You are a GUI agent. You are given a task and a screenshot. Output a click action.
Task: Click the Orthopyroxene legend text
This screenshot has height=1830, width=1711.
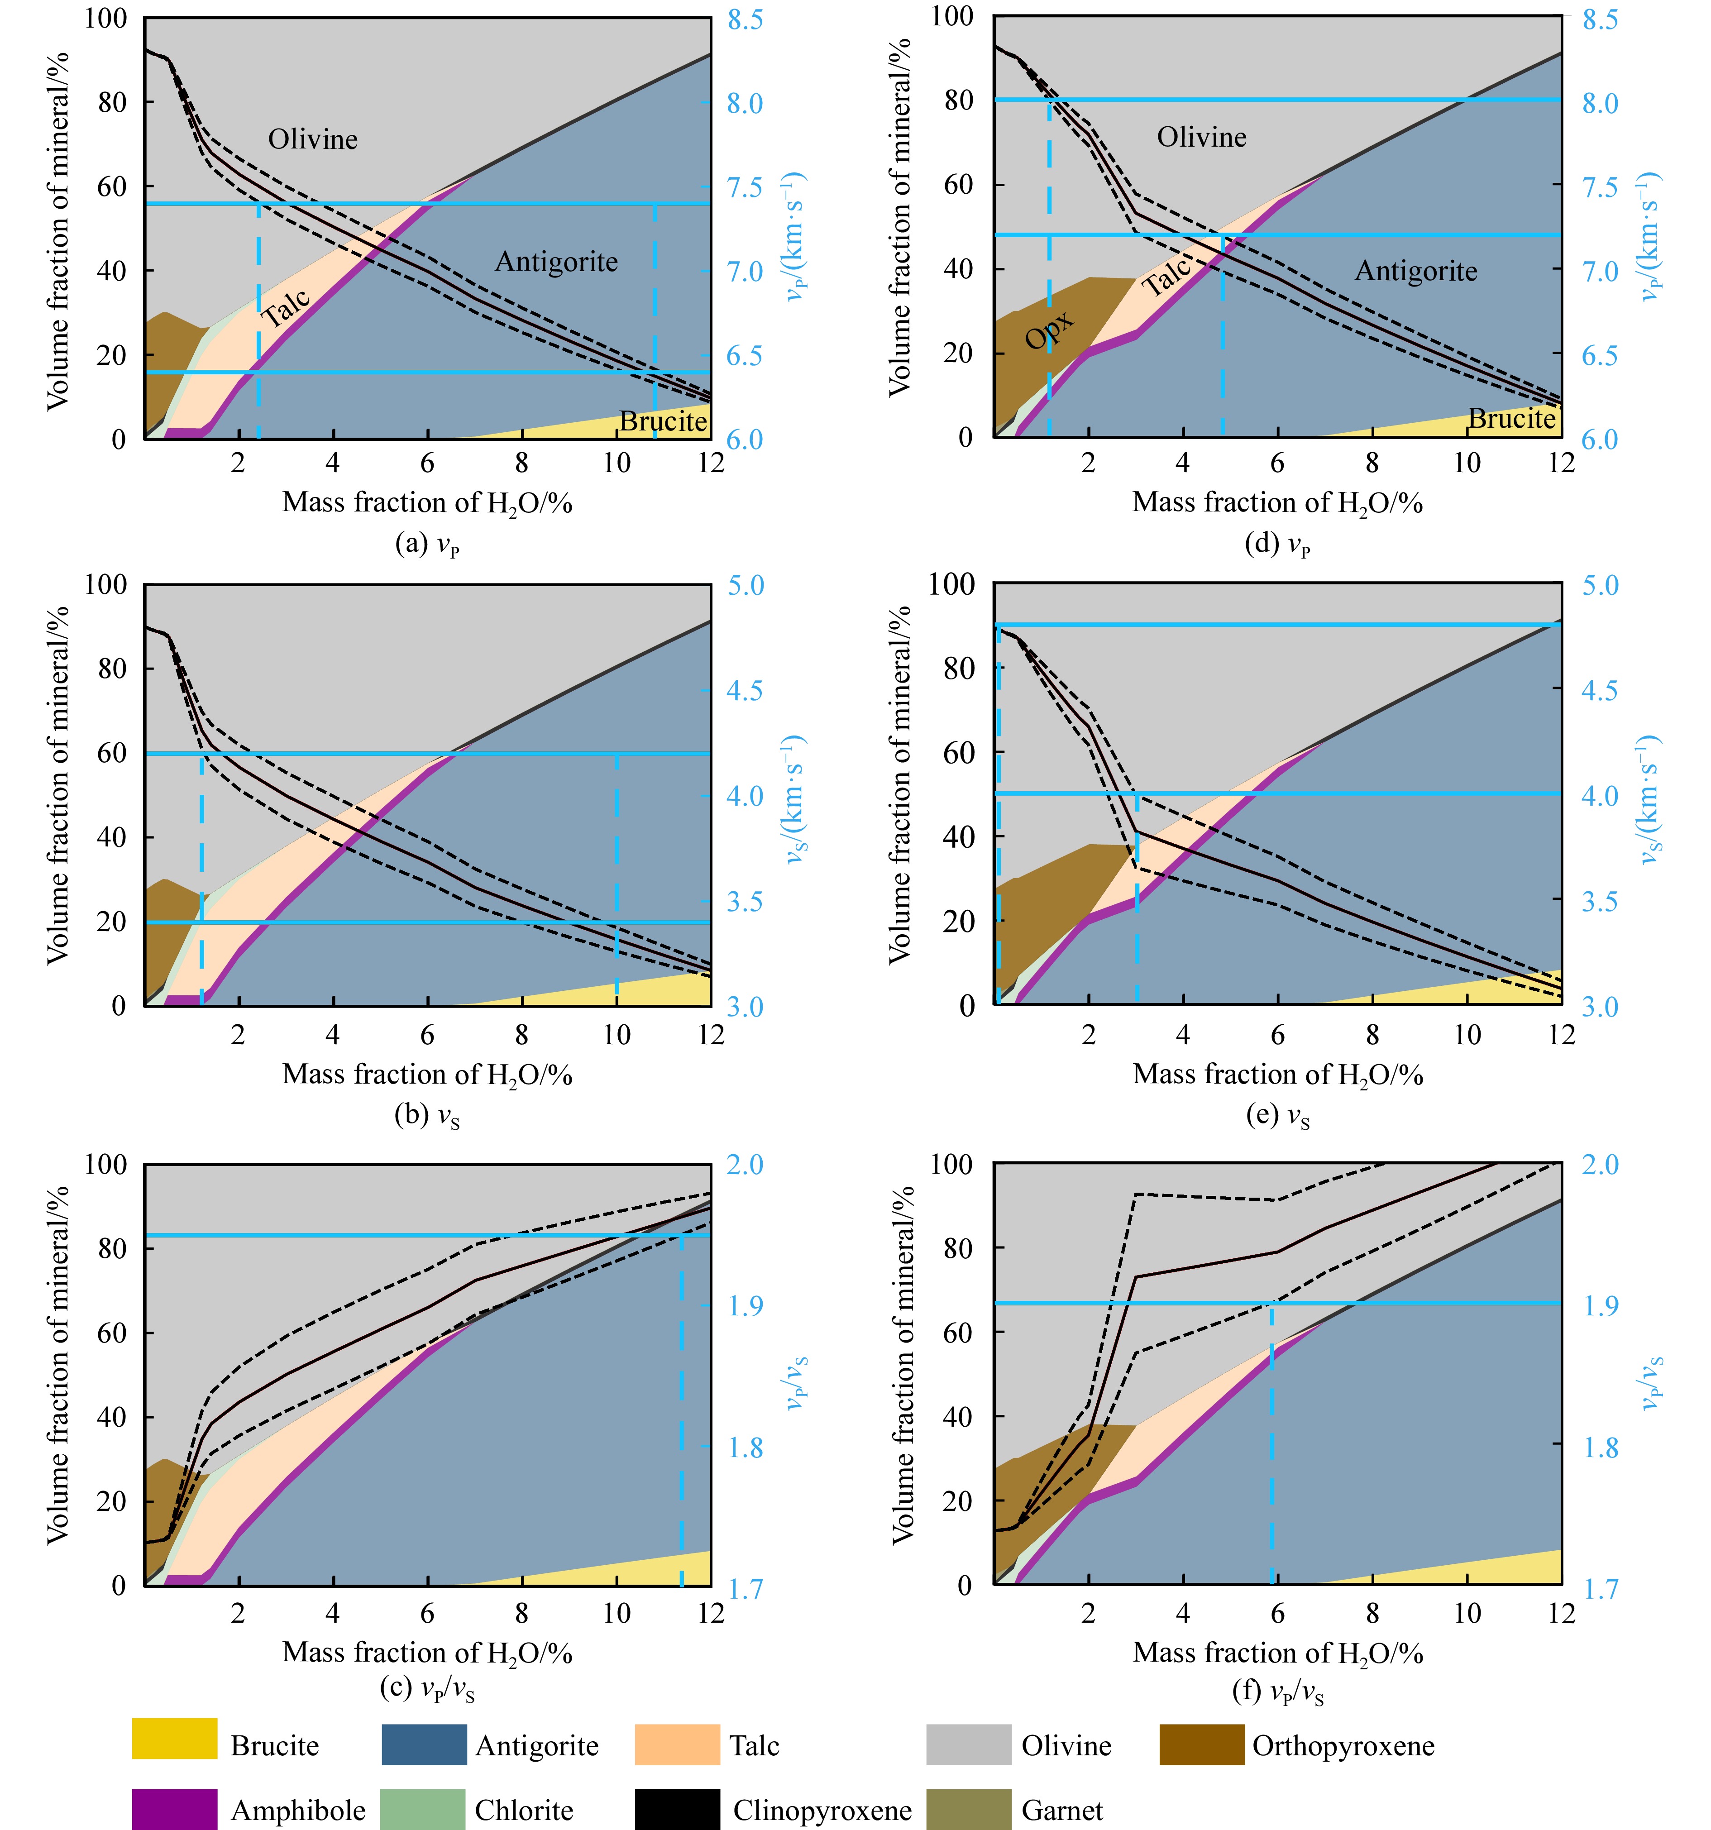tap(1343, 1745)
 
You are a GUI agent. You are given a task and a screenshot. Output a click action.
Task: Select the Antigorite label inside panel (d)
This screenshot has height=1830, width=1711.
tap(1415, 271)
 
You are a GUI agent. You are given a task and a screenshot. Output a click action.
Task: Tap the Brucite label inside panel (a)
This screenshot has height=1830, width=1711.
tap(663, 421)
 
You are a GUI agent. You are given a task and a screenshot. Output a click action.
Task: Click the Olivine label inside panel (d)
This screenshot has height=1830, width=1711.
tap(1201, 137)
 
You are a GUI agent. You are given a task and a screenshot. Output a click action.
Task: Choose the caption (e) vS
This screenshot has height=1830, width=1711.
tap(1277, 1117)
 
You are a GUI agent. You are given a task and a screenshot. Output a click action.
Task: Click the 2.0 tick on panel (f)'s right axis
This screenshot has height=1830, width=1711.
tap(1599, 1165)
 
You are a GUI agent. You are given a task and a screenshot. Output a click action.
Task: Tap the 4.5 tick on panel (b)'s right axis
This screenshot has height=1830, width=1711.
tap(745, 690)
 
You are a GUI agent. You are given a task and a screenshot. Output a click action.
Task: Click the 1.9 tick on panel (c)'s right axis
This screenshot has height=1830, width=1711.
tap(745, 1305)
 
